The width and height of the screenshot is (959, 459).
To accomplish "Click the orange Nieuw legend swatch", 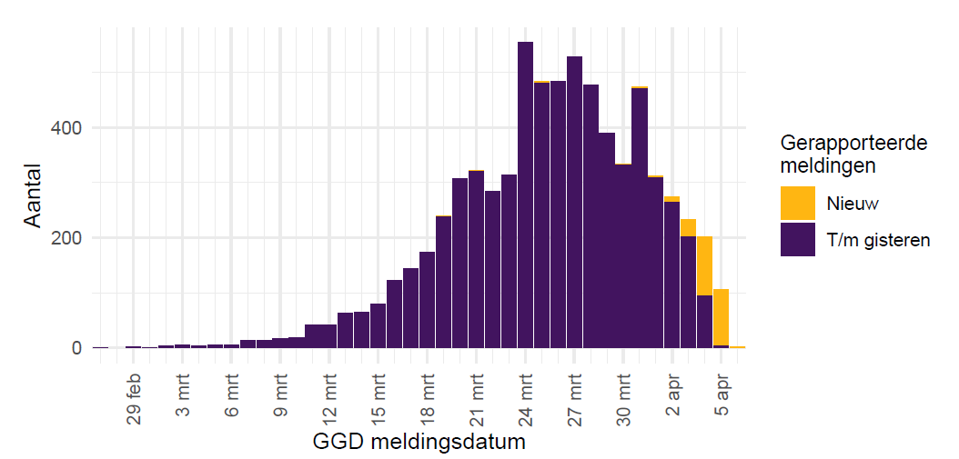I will (797, 203).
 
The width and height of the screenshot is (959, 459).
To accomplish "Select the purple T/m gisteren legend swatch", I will (797, 239).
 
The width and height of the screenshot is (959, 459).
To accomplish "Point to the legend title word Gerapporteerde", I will (853, 144).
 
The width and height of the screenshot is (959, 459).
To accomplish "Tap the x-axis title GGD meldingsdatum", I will (419, 443).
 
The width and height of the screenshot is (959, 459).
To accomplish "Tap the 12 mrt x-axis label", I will (330, 398).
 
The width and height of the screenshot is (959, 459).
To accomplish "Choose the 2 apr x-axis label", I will (673, 396).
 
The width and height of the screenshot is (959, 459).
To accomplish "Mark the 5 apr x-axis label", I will (722, 396).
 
